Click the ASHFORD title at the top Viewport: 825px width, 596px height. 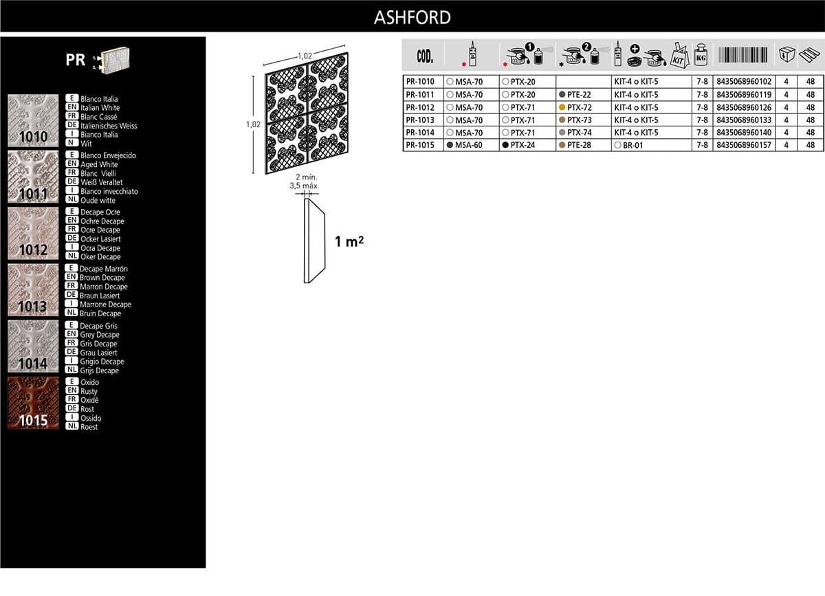point(412,17)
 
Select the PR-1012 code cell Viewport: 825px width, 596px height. point(420,107)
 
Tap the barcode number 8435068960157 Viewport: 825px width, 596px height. point(744,145)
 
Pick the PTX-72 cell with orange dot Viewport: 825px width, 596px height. point(575,107)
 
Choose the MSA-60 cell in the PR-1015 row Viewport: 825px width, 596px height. point(465,145)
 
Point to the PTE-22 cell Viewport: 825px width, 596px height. point(575,95)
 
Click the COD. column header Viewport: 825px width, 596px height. point(425,56)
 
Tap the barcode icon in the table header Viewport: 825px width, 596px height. point(743,55)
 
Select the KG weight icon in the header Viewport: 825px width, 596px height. point(701,55)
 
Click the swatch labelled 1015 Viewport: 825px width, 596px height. point(33,403)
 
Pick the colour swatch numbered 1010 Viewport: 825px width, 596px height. point(33,120)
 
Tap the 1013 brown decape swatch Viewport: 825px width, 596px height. point(33,290)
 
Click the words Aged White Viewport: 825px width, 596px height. point(99,164)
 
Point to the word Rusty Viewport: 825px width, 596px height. point(89,391)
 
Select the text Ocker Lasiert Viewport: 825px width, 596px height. point(100,239)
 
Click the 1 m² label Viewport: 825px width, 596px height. point(349,242)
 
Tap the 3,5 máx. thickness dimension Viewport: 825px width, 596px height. point(304,186)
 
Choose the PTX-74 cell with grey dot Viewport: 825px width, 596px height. point(575,133)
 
